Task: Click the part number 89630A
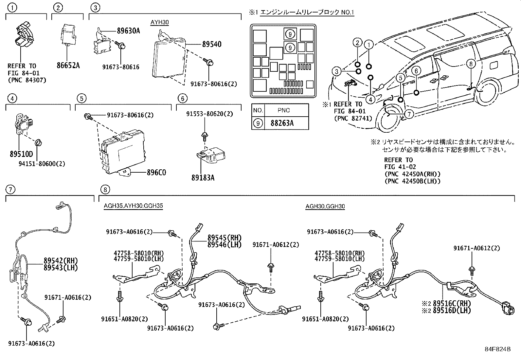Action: (x=128, y=31)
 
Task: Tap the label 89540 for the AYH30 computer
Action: (x=211, y=44)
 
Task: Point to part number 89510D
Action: (x=21, y=155)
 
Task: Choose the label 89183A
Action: (x=203, y=178)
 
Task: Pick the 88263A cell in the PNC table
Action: (x=282, y=123)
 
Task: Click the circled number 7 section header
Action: (x=11, y=189)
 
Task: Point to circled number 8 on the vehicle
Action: (x=470, y=64)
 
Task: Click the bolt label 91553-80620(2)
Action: (x=209, y=114)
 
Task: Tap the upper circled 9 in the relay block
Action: (x=290, y=33)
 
